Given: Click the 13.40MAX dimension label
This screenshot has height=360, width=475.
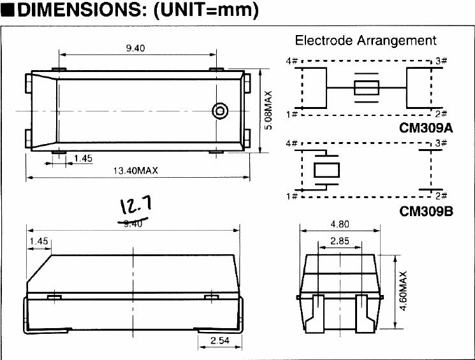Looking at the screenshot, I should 135,170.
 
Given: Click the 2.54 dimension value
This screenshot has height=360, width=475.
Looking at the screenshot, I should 219,341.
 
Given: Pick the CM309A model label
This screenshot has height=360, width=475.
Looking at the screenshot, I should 426,127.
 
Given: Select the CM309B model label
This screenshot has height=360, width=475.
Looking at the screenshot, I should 426,210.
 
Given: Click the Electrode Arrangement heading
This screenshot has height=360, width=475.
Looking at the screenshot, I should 365,41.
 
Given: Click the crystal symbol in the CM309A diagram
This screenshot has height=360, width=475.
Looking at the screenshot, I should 366,88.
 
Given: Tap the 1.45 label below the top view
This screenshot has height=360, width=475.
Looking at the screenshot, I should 83,157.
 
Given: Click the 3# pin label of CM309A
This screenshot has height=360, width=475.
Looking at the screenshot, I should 441,61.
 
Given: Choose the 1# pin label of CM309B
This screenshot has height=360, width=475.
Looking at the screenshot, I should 292,195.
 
